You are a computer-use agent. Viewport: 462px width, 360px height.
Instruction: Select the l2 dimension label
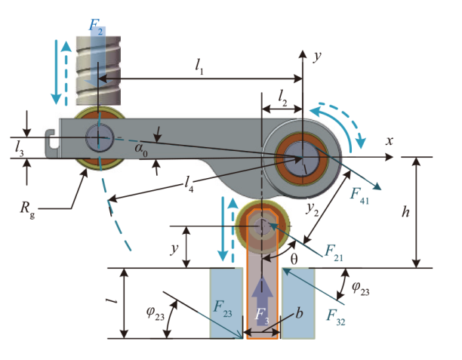pos(282,97)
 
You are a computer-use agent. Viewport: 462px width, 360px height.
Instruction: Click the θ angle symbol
pos(295,258)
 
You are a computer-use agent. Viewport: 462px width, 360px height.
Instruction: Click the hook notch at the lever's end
pos(51,138)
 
